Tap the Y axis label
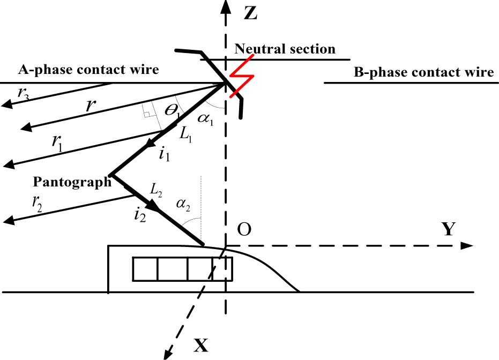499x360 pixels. coord(449,230)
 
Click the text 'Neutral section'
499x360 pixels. coord(285,49)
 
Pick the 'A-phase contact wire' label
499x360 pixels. coord(88,69)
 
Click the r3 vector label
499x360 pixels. coord(23,93)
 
